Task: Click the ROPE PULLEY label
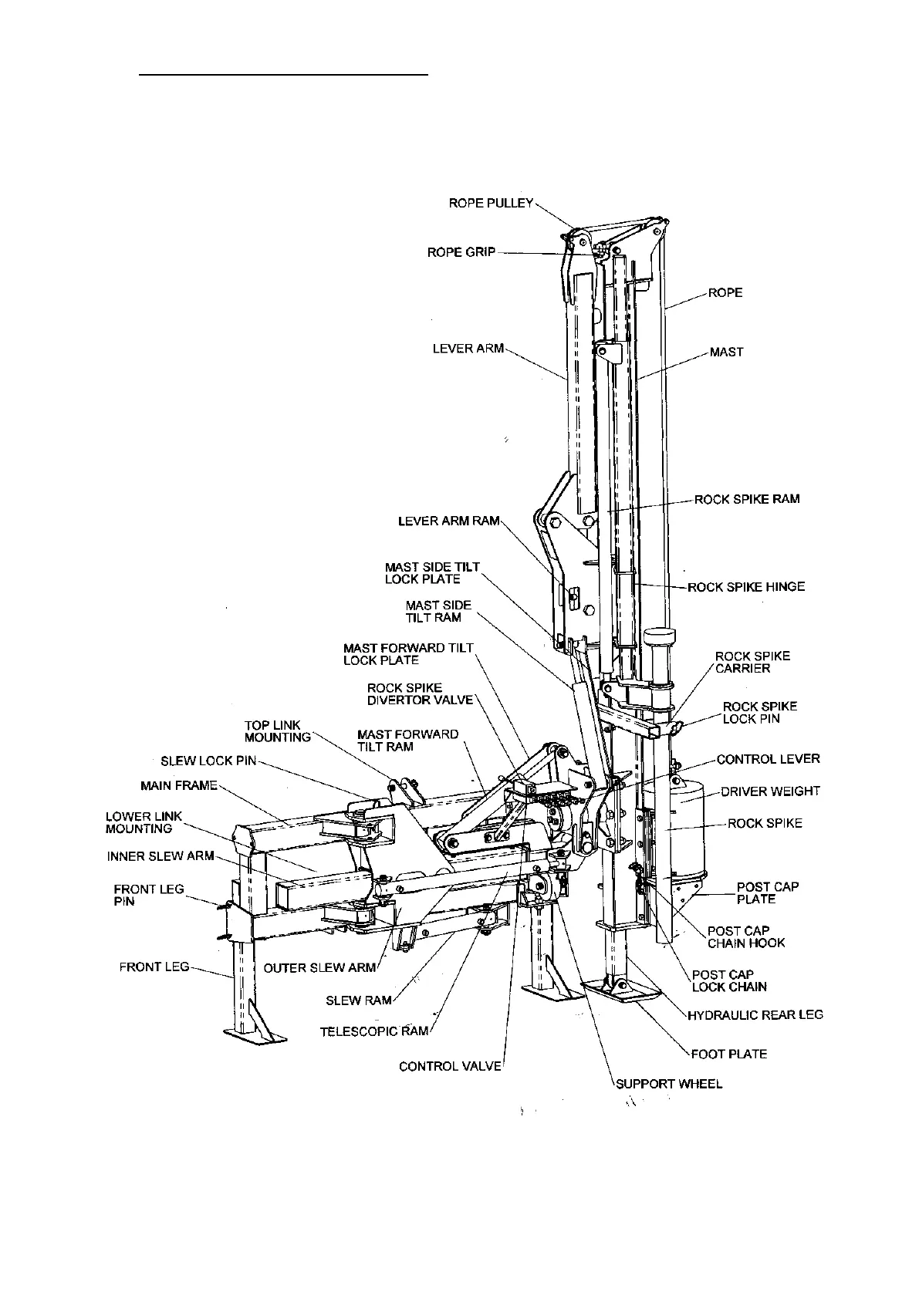click(x=491, y=203)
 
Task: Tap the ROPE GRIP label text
click(x=461, y=252)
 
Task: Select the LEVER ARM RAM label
click(x=448, y=521)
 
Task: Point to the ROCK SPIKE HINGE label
click(x=745, y=586)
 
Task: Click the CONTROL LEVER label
click(x=768, y=759)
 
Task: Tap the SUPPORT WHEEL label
click(x=669, y=1084)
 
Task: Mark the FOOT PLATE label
click(x=728, y=1054)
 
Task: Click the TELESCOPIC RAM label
click(x=373, y=1031)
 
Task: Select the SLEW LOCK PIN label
click(x=208, y=761)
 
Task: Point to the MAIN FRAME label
click(x=179, y=786)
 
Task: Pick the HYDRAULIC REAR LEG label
click(x=755, y=1014)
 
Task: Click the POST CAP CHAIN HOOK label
click(x=745, y=936)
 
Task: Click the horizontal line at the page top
click(x=283, y=75)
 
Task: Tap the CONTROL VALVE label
click(x=450, y=1066)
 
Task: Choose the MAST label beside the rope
click(x=726, y=352)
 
